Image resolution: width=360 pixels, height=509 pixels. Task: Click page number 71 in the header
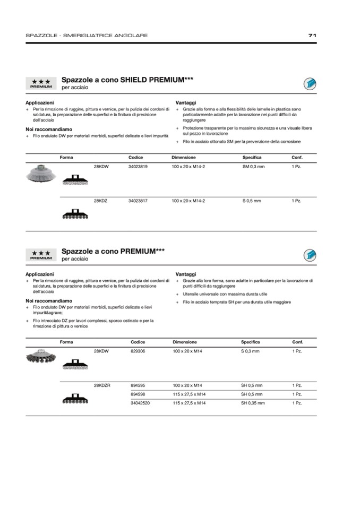pyautogui.click(x=312, y=36)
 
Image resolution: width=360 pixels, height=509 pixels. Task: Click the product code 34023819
pyautogui.click(x=138, y=167)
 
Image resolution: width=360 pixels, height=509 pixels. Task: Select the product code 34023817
pyautogui.click(x=138, y=201)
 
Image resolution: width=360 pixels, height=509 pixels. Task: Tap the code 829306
pyautogui.click(x=138, y=351)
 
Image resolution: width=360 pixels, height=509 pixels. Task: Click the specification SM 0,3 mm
pyautogui.click(x=253, y=167)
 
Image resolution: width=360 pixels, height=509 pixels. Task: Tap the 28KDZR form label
pyautogui.click(x=102, y=385)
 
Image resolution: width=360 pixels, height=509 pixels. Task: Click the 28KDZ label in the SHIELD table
pyautogui.click(x=101, y=201)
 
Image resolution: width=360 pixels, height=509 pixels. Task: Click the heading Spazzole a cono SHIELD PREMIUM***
pyautogui.click(x=127, y=80)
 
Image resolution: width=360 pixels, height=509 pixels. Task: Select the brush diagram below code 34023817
pyautogui.click(x=75, y=213)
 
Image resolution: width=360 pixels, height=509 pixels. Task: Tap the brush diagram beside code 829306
pyautogui.click(x=75, y=364)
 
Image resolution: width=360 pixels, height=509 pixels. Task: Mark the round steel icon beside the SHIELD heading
pyautogui.click(x=310, y=83)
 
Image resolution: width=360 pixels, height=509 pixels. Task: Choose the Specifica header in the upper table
pyautogui.click(x=252, y=158)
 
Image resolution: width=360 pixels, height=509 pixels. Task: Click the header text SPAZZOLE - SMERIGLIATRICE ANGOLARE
pyautogui.click(x=87, y=36)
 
